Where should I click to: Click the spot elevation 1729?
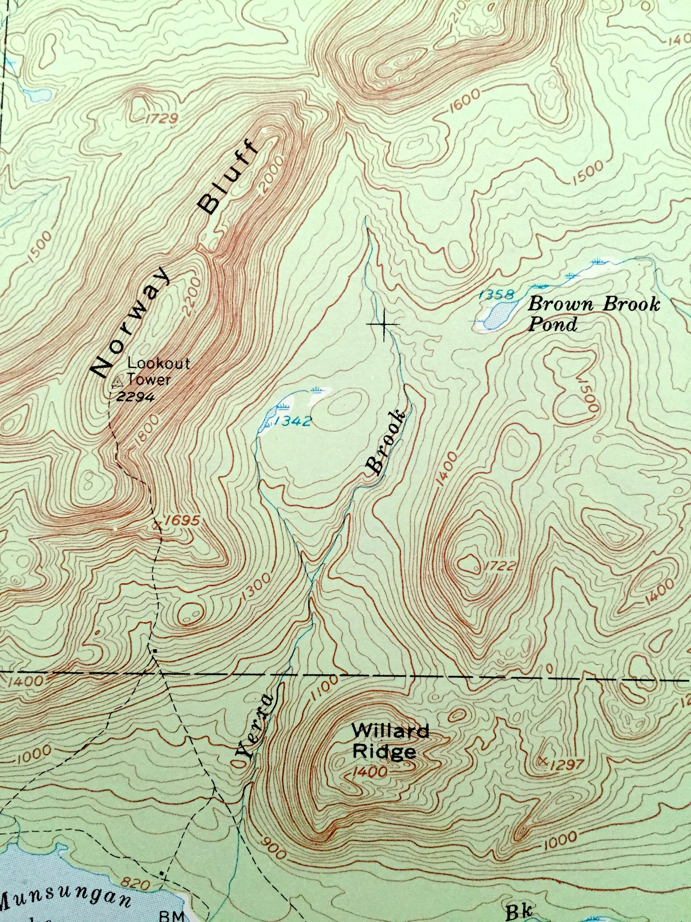[x=162, y=119]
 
